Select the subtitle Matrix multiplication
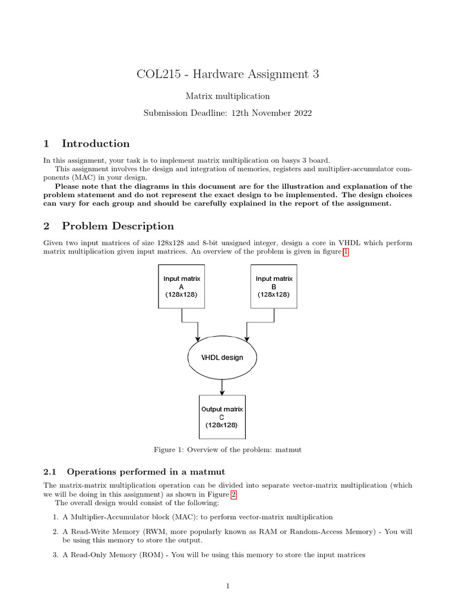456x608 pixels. [x=227, y=96]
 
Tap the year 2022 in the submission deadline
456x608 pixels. [x=299, y=112]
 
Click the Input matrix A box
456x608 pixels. [x=181, y=286]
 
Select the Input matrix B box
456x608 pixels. [x=274, y=286]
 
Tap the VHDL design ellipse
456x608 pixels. [x=222, y=357]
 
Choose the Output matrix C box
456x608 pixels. [x=222, y=417]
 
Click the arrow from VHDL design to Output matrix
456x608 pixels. [x=222, y=387]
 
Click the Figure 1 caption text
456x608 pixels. [x=227, y=450]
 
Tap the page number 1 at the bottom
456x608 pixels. [x=227, y=586]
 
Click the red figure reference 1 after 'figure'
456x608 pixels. [x=346, y=252]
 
